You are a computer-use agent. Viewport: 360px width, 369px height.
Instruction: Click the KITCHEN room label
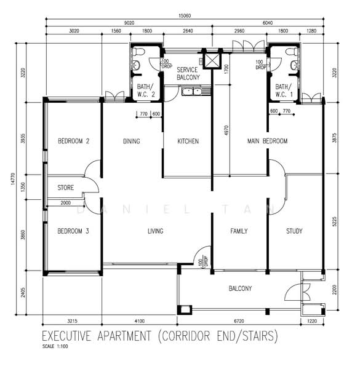click(x=188, y=141)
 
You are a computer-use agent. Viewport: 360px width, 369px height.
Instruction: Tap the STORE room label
click(x=66, y=188)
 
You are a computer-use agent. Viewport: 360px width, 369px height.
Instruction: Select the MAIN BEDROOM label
click(x=267, y=141)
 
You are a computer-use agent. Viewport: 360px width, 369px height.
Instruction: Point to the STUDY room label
click(x=294, y=231)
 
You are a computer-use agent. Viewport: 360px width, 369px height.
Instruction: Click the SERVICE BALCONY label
click(x=188, y=73)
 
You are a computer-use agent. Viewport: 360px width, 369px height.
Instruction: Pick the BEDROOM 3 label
click(x=73, y=231)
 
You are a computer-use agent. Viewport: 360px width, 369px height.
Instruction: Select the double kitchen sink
click(x=191, y=91)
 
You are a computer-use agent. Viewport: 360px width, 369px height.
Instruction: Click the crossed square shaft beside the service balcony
click(x=212, y=60)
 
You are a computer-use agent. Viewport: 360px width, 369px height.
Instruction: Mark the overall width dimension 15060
click(x=185, y=15)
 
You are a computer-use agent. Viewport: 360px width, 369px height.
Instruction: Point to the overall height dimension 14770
click(x=13, y=179)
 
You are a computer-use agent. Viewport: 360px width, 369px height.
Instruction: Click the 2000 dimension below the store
click(x=65, y=203)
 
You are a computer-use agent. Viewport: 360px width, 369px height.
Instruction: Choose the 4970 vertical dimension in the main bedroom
click(x=226, y=131)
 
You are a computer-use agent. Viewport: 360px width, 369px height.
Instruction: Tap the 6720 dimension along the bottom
click(x=239, y=321)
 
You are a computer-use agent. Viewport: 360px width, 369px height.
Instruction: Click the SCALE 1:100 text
click(x=55, y=346)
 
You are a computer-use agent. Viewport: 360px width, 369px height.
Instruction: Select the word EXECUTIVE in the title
click(x=66, y=336)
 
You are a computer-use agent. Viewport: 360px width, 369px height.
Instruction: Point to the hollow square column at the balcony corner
click(x=185, y=310)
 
